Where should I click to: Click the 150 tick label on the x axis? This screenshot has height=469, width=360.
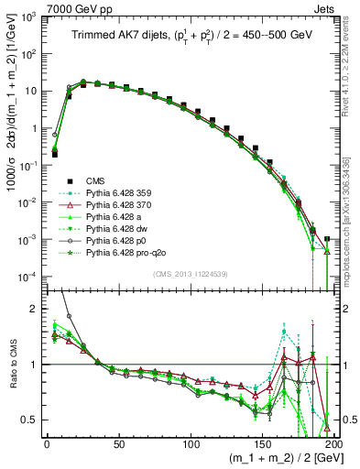(263, 444)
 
